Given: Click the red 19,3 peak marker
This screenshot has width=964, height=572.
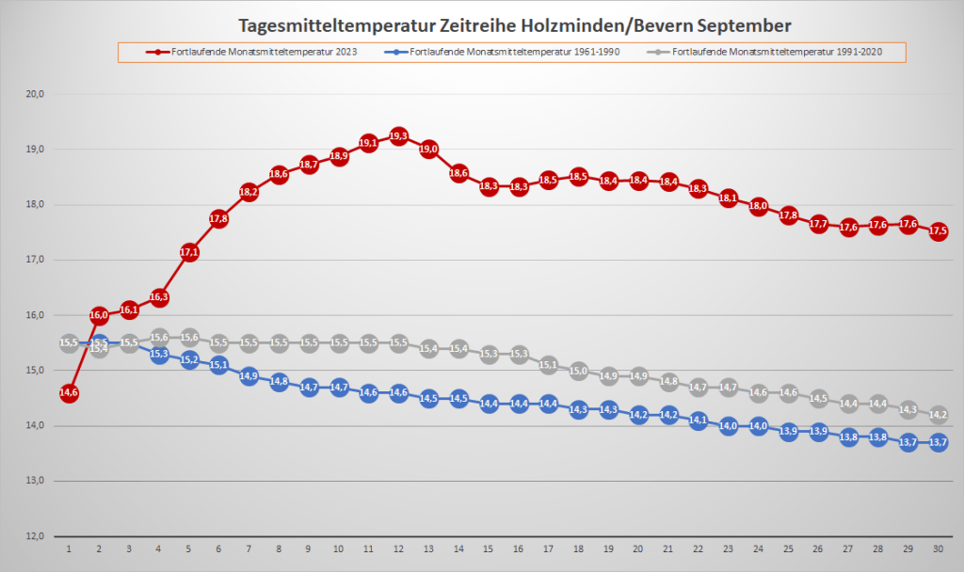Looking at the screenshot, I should [x=398, y=136].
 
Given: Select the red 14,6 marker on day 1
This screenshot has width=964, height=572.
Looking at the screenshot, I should [x=69, y=393].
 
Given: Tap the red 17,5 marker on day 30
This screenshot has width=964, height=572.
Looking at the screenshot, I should [x=938, y=231].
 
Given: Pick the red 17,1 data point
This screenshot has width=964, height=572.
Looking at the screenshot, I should [x=188, y=252].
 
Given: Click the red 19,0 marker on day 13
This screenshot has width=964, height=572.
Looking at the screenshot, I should [x=428, y=149].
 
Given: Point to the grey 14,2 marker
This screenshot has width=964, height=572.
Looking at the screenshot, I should [x=938, y=414].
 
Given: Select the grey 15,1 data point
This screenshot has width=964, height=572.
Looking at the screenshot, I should [x=548, y=365].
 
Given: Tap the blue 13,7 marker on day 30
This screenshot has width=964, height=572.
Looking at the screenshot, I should [x=938, y=442].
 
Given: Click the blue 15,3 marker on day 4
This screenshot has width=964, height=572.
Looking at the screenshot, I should [x=159, y=354].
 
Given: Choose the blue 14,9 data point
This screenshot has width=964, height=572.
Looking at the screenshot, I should [x=249, y=376].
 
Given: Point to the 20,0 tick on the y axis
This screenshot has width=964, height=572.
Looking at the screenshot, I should [x=37, y=94].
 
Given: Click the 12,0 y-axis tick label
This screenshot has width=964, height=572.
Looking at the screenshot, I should [x=37, y=536].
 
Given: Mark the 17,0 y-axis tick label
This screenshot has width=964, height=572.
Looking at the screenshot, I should [x=37, y=260].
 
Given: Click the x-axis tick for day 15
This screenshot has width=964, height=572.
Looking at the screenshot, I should [x=489, y=548].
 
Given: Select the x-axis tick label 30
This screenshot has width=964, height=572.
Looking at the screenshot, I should [x=938, y=548].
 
